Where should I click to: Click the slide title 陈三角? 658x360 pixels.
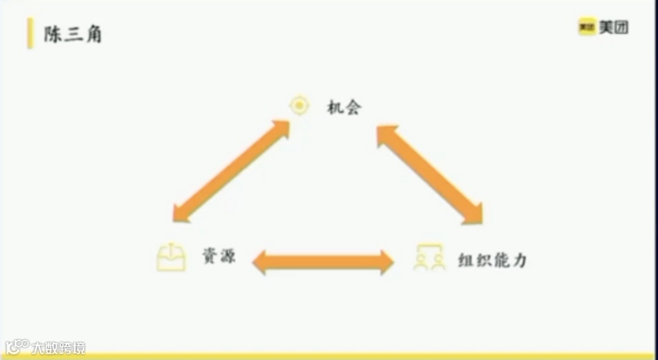[x=73, y=34]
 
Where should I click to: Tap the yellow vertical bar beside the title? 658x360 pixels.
[x=30, y=34]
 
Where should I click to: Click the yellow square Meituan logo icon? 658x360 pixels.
[x=586, y=27]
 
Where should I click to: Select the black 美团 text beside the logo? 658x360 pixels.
[x=614, y=27]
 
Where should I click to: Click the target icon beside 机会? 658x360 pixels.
[x=299, y=106]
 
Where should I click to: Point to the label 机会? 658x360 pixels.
[x=344, y=108]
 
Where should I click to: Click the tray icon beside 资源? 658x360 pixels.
[x=171, y=257]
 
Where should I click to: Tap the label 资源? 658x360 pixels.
[x=219, y=258]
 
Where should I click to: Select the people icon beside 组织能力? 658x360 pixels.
[x=430, y=258]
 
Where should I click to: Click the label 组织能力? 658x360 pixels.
[x=492, y=260]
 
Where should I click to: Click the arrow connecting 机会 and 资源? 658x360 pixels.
[x=231, y=171]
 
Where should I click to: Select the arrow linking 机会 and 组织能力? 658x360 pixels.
[x=430, y=174]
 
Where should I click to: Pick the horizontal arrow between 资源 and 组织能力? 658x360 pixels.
[x=323, y=262]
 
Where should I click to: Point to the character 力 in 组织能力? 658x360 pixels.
[x=519, y=260]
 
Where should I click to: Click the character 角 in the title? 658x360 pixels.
[x=93, y=34]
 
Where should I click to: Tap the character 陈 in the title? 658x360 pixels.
[x=52, y=34]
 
